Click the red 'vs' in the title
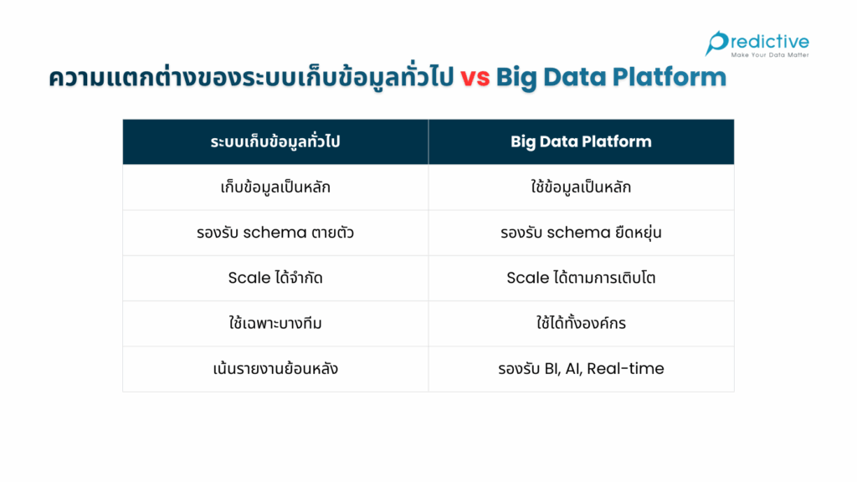(x=475, y=78)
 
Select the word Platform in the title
(x=669, y=78)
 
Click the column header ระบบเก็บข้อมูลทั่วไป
(x=275, y=141)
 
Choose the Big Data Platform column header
(x=581, y=141)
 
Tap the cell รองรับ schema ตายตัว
(x=275, y=233)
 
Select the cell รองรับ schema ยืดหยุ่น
(x=581, y=233)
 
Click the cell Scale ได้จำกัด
(x=275, y=278)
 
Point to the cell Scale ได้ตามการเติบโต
(x=581, y=278)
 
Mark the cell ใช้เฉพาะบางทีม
(x=275, y=323)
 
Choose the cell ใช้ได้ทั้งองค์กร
(x=581, y=323)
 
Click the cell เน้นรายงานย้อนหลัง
(x=275, y=368)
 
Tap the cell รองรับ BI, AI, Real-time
(x=581, y=368)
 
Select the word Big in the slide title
(x=517, y=78)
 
